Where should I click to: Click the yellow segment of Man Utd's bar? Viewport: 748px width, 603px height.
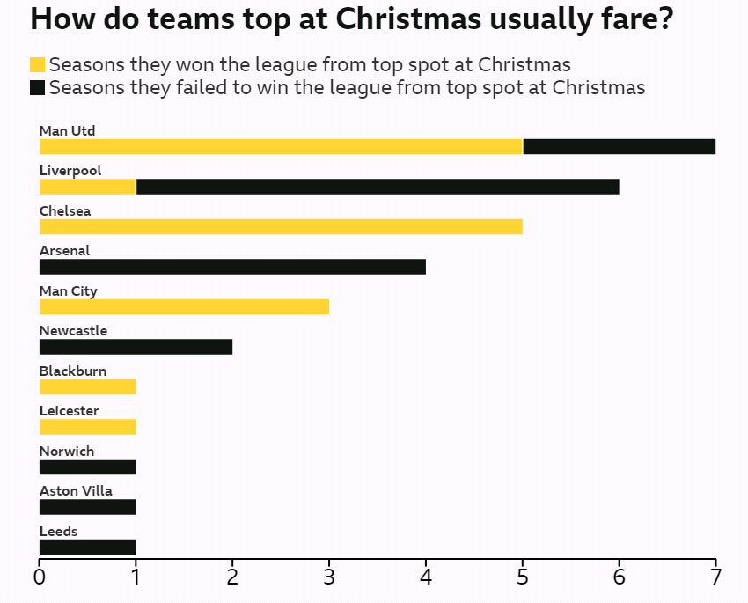pyautogui.click(x=281, y=146)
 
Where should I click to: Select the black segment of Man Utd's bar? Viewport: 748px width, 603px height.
pyautogui.click(x=619, y=146)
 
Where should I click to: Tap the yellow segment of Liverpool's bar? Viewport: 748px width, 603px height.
pyautogui.click(x=87, y=187)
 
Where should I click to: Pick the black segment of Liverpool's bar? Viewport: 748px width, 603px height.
pyautogui.click(x=378, y=187)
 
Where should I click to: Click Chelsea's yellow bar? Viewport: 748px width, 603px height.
pyautogui.click(x=281, y=226)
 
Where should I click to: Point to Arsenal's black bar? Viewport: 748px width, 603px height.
pyautogui.click(x=232, y=267)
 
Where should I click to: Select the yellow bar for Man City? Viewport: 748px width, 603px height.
pyautogui.click(x=184, y=306)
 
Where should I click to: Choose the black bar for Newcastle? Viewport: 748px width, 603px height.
pyautogui.click(x=136, y=347)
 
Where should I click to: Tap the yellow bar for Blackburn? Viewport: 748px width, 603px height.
pyautogui.click(x=87, y=386)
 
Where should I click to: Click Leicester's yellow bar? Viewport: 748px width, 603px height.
pyautogui.click(x=87, y=427)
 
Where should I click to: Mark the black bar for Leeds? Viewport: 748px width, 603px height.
pyautogui.click(x=87, y=547)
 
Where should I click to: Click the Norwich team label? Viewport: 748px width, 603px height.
pyautogui.click(x=67, y=452)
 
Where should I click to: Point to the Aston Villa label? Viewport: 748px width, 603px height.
pyautogui.click(x=76, y=491)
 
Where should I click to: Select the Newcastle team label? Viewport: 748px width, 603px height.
pyautogui.click(x=73, y=331)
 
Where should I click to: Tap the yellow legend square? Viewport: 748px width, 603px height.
pyautogui.click(x=37, y=64)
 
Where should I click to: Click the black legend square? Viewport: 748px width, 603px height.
pyautogui.click(x=37, y=87)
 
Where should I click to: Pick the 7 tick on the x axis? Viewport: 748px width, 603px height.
pyautogui.click(x=715, y=577)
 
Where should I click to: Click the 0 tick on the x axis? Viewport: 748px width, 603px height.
pyautogui.click(x=40, y=577)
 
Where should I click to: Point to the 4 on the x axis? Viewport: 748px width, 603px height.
pyautogui.click(x=426, y=577)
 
